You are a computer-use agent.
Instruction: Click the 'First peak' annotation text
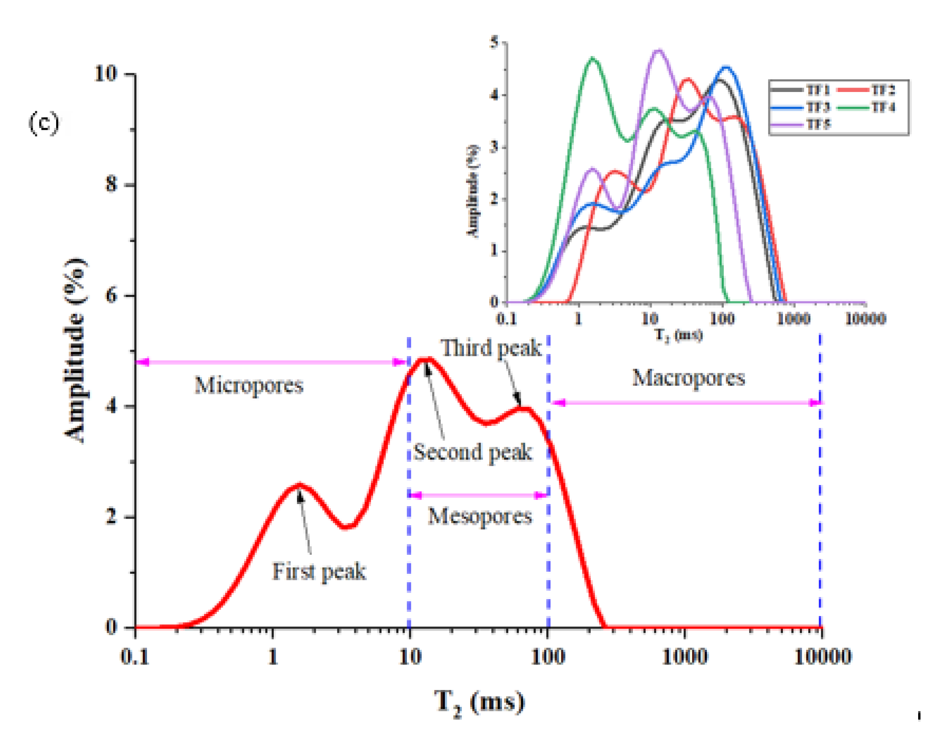pos(319,572)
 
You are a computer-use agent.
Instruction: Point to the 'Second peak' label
pos(472,452)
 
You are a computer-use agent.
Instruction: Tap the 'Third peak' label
pos(491,348)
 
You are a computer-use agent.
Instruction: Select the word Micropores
pos(249,385)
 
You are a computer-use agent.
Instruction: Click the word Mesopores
pos(480,516)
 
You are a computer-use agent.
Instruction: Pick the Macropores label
pos(689,378)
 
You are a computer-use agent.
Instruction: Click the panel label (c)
pos(44,123)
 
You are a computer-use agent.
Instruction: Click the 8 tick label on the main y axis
pos(111,185)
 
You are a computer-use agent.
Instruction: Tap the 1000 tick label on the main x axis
pos(685,657)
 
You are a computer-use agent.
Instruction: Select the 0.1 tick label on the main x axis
pos(135,657)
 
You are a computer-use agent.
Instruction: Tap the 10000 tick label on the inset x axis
pos(865,318)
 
